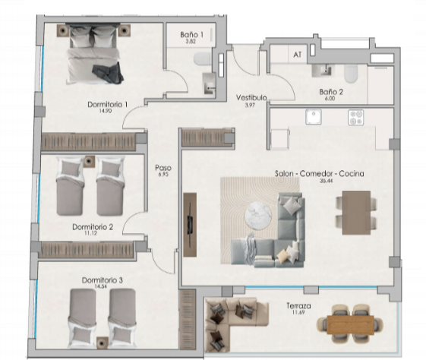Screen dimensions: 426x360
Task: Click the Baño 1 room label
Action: pyautogui.click(x=191, y=34)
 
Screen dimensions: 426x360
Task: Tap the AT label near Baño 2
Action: pyautogui.click(x=298, y=55)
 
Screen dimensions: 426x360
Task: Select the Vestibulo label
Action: pyautogui.click(x=251, y=97)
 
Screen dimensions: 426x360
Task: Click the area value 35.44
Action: pyautogui.click(x=326, y=181)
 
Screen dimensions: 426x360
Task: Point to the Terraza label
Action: pyautogui.click(x=298, y=306)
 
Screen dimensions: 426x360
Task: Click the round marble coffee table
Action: pyautogui.click(x=258, y=216)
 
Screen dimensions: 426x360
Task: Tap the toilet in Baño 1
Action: pyautogui.click(x=202, y=59)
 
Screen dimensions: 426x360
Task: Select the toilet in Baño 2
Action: pyautogui.click(x=351, y=74)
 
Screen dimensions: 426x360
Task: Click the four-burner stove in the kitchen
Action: pyautogui.click(x=355, y=118)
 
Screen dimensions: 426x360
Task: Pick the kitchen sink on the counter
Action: pyautogui.click(x=314, y=117)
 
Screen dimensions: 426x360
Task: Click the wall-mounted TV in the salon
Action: pyautogui.click(x=190, y=224)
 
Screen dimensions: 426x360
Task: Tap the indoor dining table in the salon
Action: pyautogui.click(x=356, y=213)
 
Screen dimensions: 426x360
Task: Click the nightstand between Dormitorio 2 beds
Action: pyautogui.click(x=89, y=162)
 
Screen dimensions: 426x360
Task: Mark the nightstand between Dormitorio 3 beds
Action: pyautogui.click(x=103, y=343)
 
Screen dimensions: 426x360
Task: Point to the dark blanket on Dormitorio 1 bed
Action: pyautogui.click(x=108, y=73)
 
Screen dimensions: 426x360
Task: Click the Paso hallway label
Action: pyautogui.click(x=163, y=168)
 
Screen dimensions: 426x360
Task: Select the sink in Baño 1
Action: pyautogui.click(x=210, y=83)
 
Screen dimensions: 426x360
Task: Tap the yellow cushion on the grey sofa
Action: pyautogui.click(x=282, y=255)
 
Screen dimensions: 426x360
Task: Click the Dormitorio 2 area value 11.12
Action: pyautogui.click(x=90, y=233)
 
